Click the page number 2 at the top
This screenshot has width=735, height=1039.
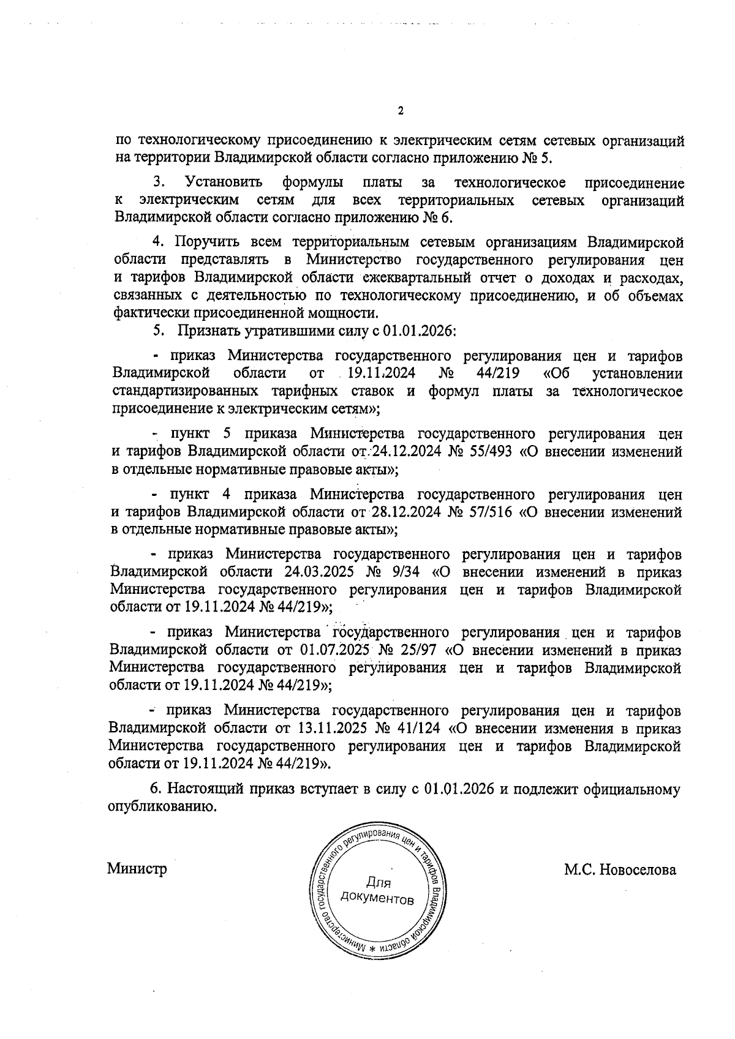pos(401,111)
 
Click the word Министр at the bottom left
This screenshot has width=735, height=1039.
pos(137,869)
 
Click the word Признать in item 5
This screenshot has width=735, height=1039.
pos(205,331)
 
